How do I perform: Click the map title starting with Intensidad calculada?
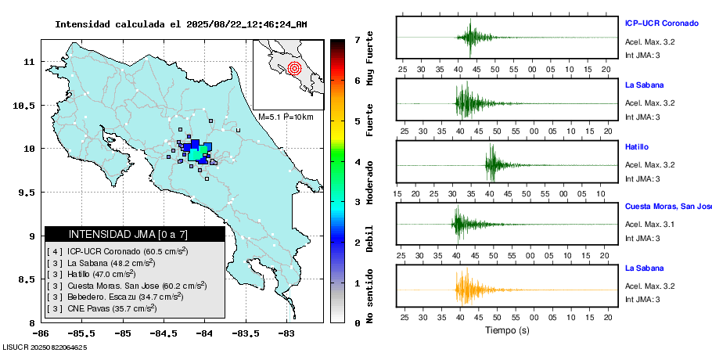(x=181, y=24)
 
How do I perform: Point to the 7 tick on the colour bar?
(x=356, y=39)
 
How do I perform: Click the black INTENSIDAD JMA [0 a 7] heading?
(x=135, y=234)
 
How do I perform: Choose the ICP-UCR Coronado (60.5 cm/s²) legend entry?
(x=117, y=251)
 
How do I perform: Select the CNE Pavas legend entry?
(x=102, y=309)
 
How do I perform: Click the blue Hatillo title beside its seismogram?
(x=637, y=146)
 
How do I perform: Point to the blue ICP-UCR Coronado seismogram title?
(x=661, y=23)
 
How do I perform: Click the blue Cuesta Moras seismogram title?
(x=667, y=207)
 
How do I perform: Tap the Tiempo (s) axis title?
(x=507, y=331)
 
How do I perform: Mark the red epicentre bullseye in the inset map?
(x=294, y=68)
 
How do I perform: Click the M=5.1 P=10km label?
(x=286, y=117)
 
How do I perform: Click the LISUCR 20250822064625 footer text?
(x=45, y=347)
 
